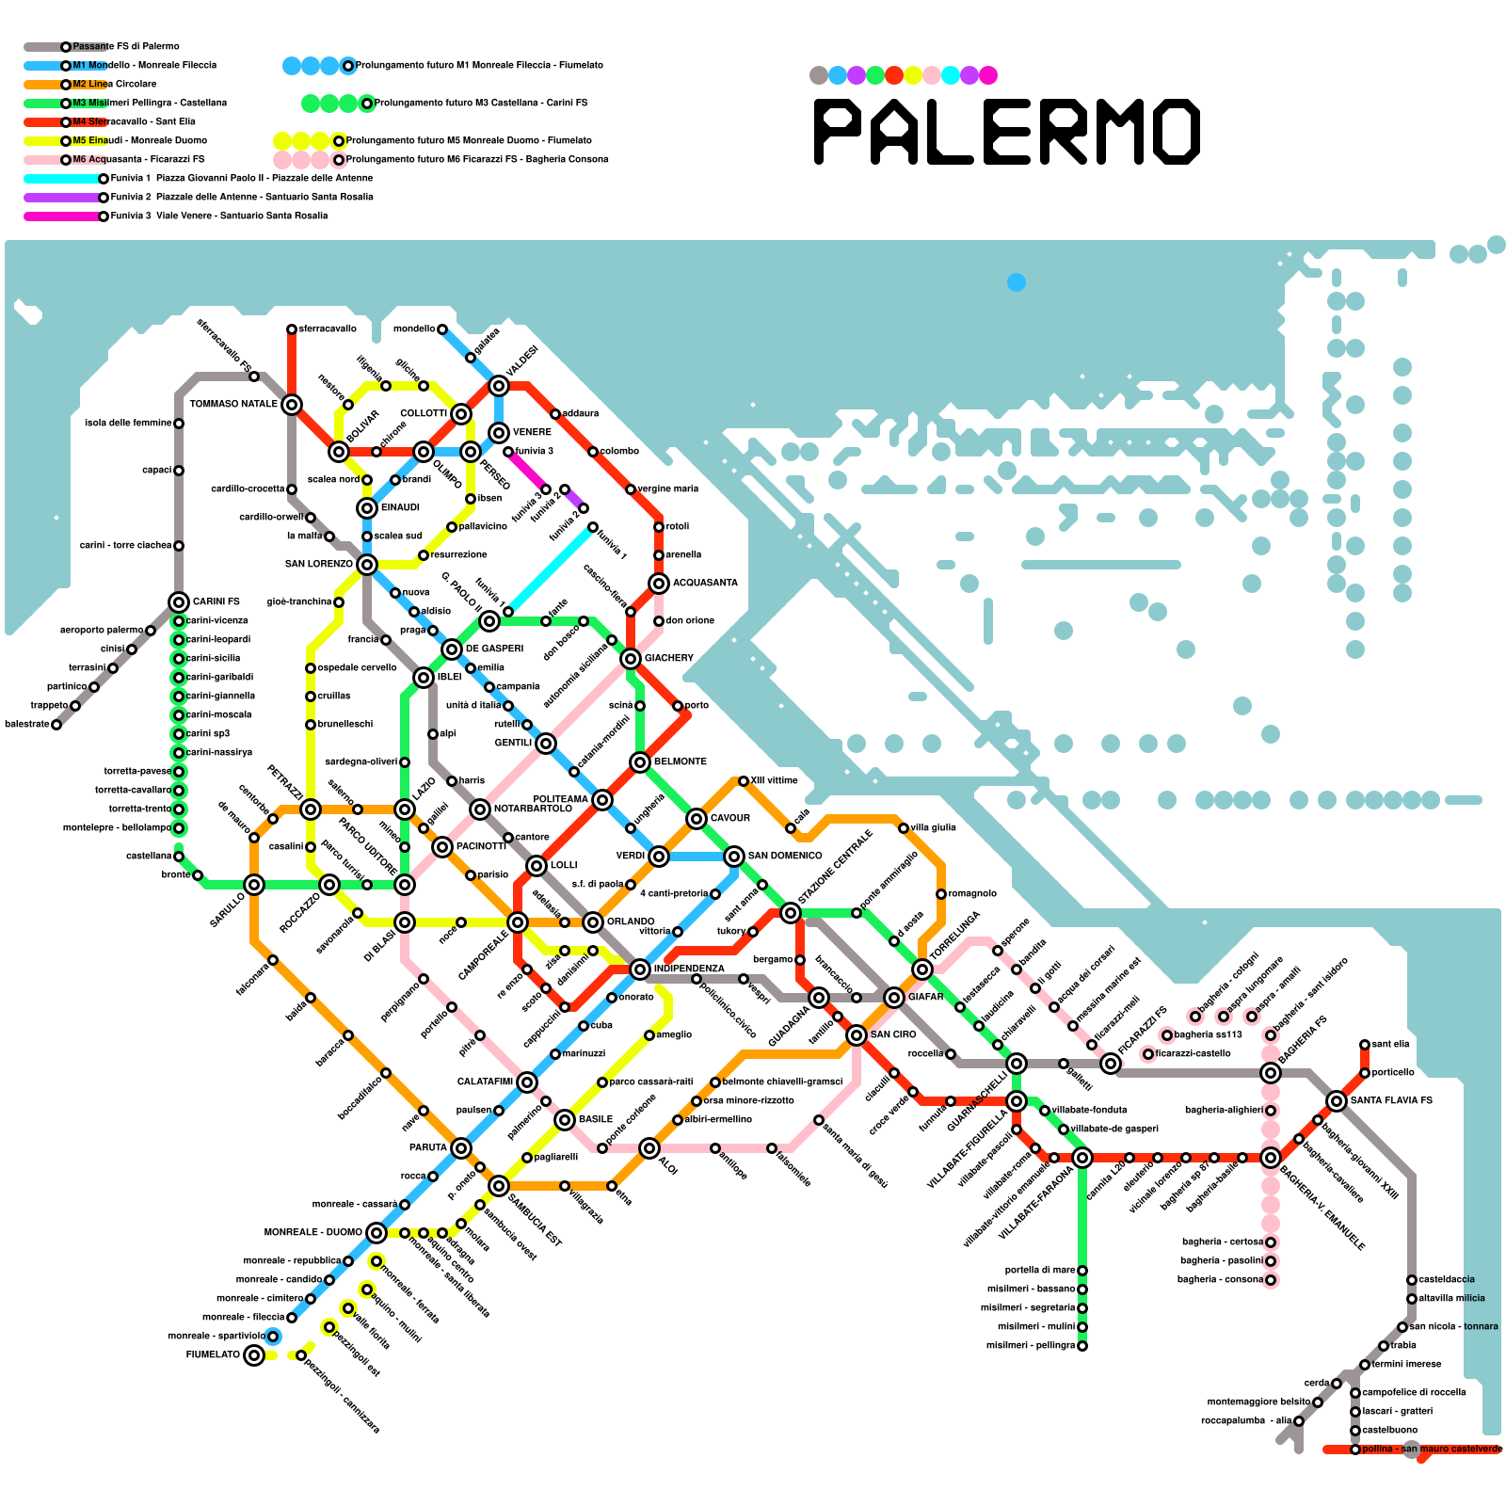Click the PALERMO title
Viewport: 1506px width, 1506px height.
tap(1006, 132)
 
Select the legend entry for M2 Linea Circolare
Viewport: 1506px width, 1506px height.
tap(114, 85)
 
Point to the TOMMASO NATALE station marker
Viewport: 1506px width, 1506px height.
tap(292, 405)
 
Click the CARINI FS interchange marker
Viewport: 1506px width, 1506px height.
tap(179, 602)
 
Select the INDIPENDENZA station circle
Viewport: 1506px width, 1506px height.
tap(640, 969)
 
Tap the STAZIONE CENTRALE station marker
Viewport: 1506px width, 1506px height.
tap(791, 913)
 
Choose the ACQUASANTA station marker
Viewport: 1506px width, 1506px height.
tap(659, 584)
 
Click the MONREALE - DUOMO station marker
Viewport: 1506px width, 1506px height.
tap(376, 1233)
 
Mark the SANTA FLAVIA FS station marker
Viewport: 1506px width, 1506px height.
tap(1337, 1101)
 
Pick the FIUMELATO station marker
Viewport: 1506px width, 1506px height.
tap(254, 1355)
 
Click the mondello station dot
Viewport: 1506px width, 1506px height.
tap(442, 329)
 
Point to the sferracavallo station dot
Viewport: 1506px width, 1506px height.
tap(292, 329)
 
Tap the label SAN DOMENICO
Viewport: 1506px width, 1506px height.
tap(785, 856)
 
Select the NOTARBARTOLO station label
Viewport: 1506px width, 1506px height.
tap(533, 809)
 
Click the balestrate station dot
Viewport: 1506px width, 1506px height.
tap(56, 725)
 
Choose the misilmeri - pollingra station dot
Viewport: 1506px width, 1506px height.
tap(1082, 1346)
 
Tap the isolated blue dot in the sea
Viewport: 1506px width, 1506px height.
tap(1017, 282)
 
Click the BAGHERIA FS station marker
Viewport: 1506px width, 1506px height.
tap(1271, 1073)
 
